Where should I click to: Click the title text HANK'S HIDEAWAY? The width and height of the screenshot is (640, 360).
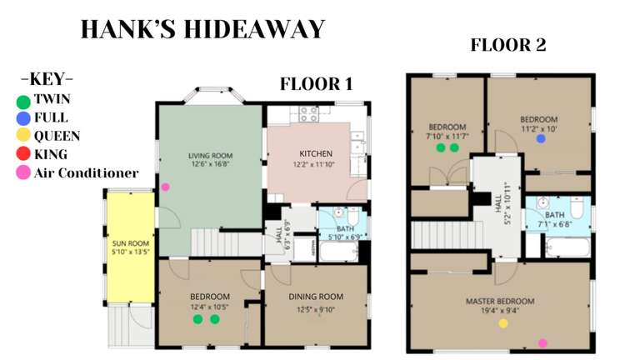coord(202,30)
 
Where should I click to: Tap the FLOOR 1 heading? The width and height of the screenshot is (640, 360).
coord(316,83)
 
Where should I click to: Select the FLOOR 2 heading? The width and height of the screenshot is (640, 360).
coord(508,45)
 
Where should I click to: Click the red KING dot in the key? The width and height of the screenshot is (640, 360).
coord(23,154)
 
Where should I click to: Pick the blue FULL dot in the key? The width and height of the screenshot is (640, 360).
coord(23,118)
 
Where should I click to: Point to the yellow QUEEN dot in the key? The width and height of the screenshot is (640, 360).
coord(23,136)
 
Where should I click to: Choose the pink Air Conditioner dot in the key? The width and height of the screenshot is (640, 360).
coord(23,173)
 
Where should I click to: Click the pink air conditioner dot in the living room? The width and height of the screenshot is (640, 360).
coord(165,187)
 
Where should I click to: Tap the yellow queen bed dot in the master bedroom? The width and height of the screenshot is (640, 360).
coord(502,323)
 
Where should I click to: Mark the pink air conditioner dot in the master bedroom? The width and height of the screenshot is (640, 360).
coord(542,342)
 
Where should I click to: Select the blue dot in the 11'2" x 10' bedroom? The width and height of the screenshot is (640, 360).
coord(541,139)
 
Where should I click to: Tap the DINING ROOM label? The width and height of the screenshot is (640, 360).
coord(316,297)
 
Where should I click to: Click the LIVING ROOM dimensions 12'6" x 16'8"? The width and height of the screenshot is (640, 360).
coord(209,164)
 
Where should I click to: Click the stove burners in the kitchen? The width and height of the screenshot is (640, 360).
coord(308,115)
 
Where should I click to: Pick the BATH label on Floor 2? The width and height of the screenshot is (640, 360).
coord(554,214)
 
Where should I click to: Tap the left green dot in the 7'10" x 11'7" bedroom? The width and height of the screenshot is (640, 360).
coord(440,147)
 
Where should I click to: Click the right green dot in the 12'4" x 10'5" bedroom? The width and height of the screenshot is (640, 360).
coord(214,319)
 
